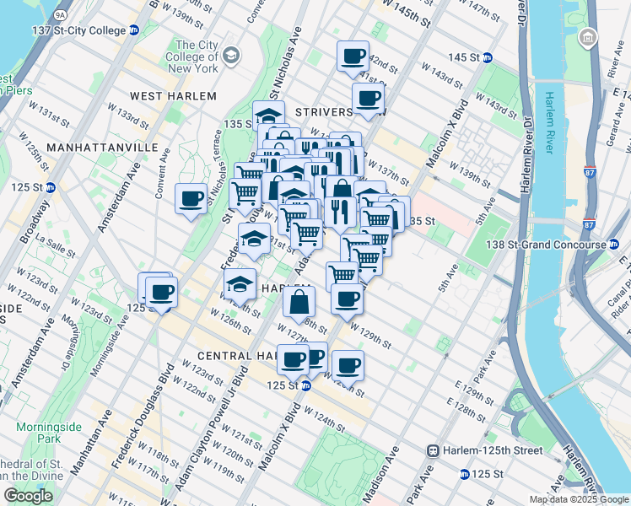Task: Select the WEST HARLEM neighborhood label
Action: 173,96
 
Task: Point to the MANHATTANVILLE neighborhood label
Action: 102,147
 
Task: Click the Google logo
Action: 29,495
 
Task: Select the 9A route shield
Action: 59,13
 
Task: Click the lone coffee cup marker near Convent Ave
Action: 191,199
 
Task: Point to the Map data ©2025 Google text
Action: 578,499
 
